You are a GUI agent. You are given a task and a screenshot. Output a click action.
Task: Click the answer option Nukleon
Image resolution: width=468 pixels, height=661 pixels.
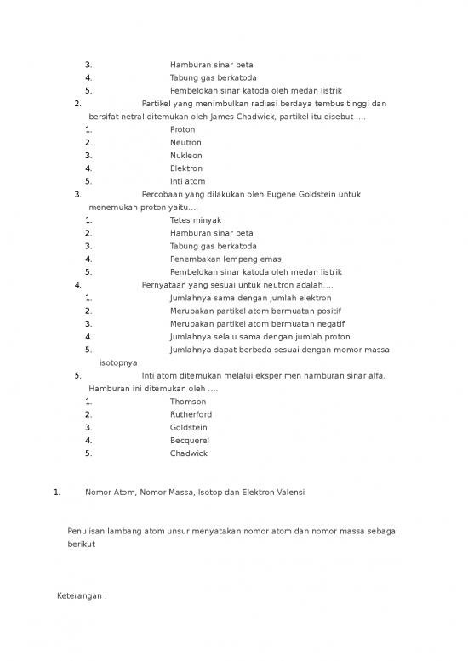point(186,156)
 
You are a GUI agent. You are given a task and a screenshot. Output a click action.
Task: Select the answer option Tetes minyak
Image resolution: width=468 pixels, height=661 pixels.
point(196,220)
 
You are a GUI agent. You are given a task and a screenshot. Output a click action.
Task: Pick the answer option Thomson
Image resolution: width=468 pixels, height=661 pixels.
point(188,402)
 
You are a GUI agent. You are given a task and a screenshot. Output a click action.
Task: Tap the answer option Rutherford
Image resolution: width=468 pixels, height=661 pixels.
point(191,414)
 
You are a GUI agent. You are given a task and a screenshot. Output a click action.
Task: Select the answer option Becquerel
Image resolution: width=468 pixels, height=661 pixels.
point(190,441)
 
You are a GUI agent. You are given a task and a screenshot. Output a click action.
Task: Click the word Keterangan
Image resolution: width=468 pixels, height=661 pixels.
point(78,596)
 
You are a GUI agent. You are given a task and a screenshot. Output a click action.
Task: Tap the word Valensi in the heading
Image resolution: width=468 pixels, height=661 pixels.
point(288,493)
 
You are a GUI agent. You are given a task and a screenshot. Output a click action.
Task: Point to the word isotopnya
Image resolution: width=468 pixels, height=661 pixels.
point(119,362)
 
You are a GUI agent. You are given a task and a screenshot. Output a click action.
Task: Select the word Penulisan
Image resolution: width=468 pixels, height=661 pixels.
point(88,532)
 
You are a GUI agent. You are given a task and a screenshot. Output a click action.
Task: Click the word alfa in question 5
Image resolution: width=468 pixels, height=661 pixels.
point(377,375)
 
